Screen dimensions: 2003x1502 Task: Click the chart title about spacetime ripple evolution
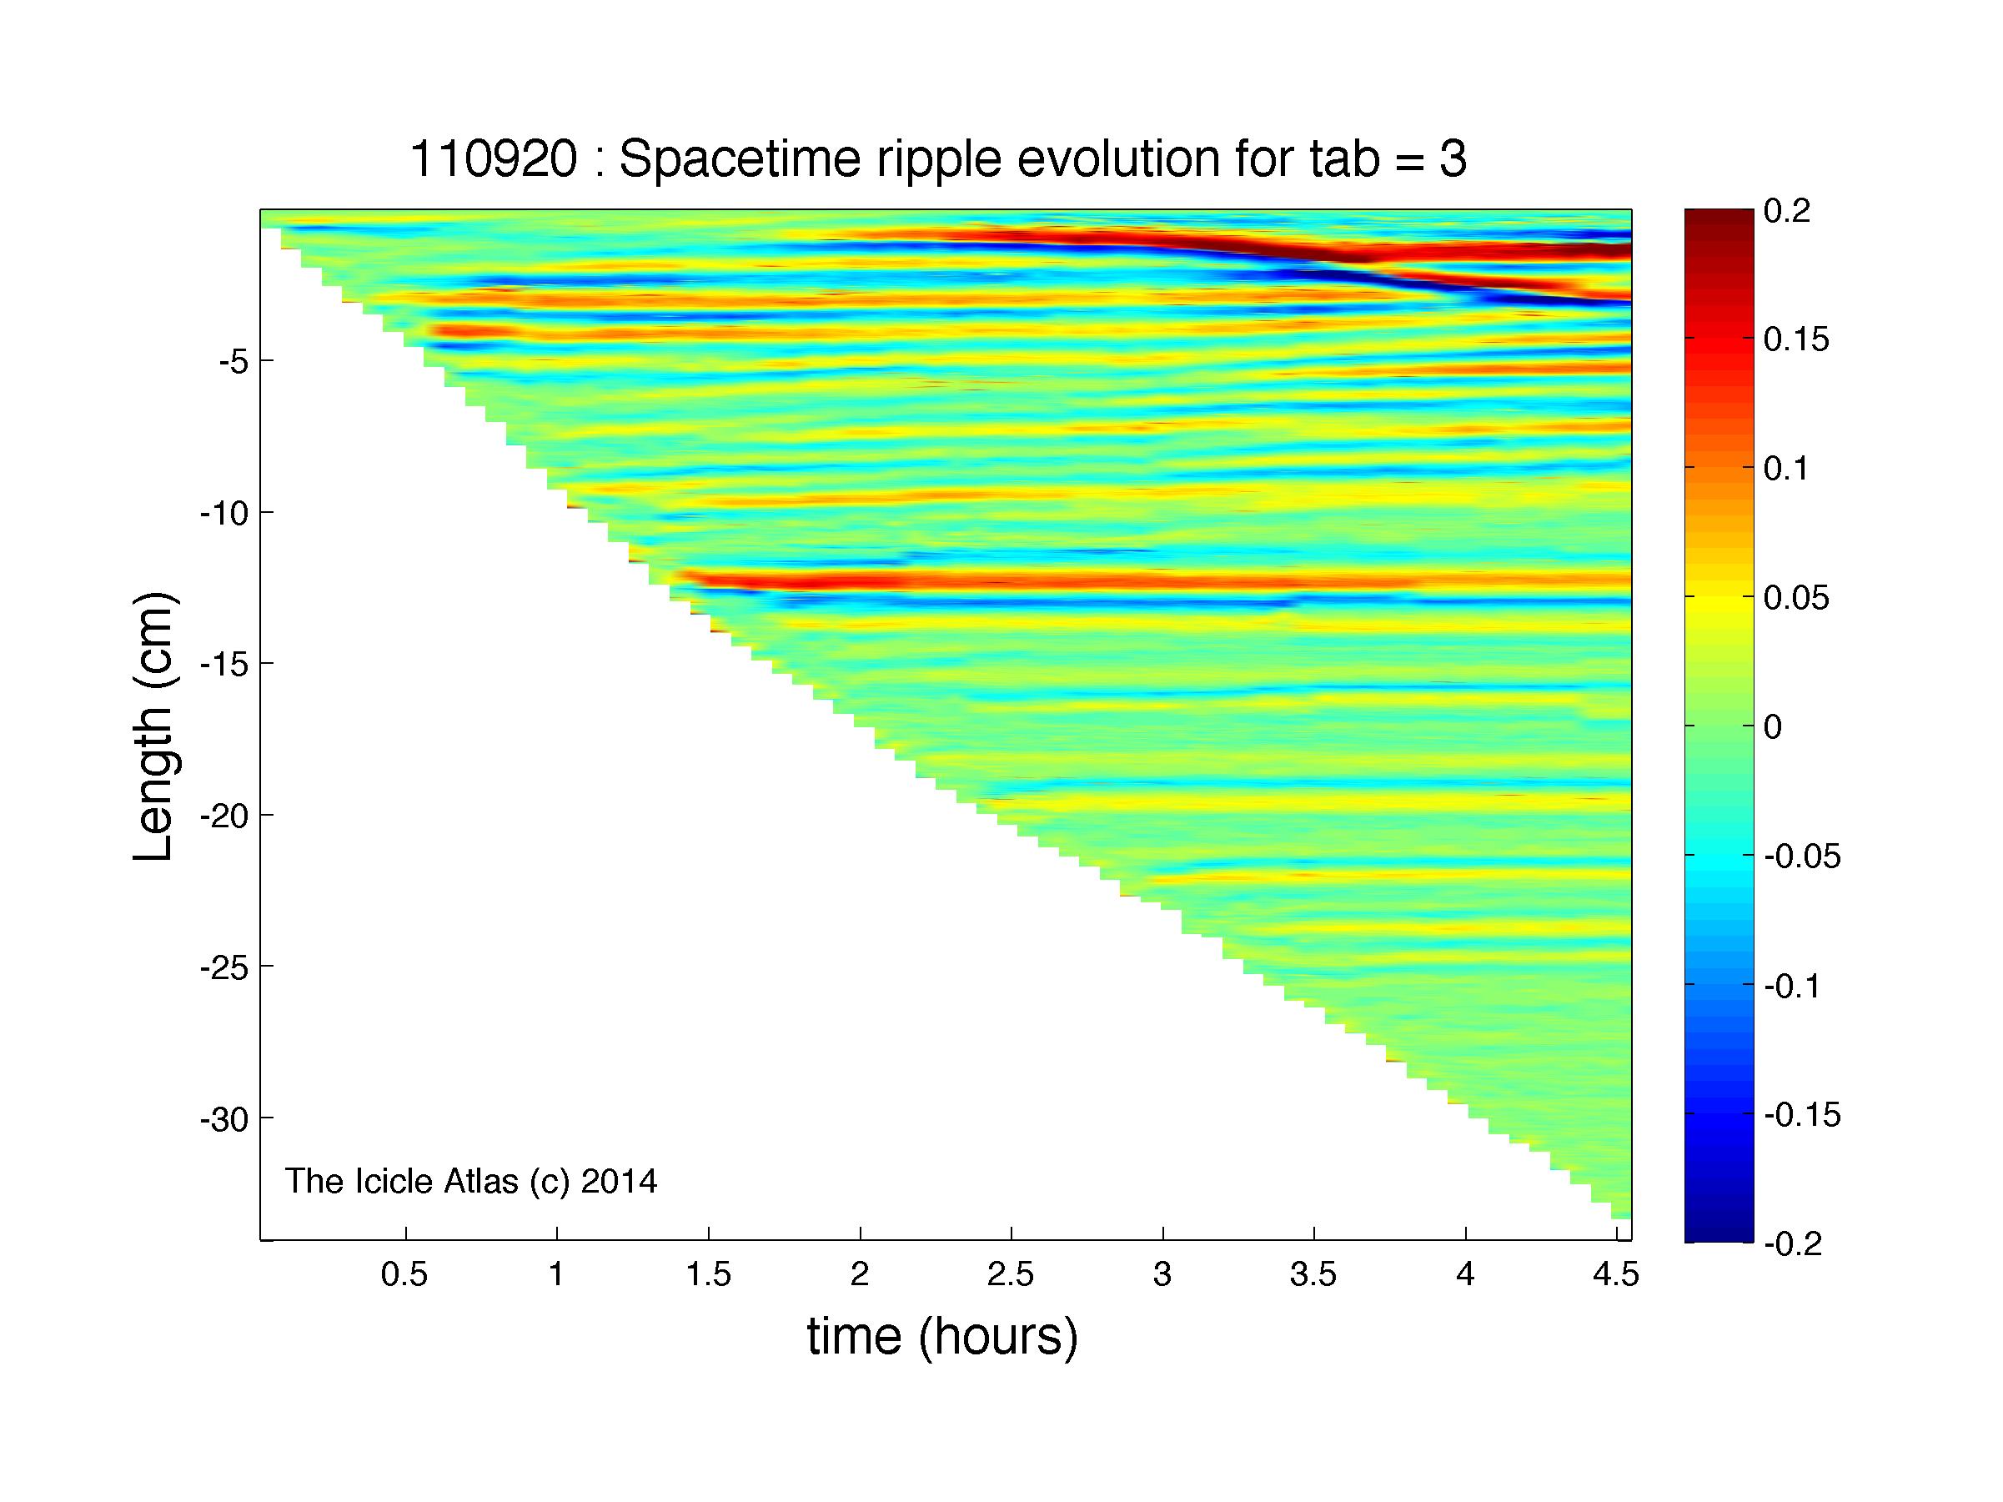938,160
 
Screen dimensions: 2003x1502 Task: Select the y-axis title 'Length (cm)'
154,726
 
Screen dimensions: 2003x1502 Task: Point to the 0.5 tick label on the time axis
404,1275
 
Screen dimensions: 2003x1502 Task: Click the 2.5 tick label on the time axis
1011,1275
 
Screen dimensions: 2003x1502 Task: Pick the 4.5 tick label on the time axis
1615,1275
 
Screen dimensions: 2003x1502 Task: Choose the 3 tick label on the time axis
1162,1275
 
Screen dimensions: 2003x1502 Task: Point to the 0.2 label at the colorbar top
1786,211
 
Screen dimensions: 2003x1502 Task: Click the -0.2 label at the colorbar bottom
1794,1244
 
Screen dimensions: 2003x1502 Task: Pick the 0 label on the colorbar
1773,727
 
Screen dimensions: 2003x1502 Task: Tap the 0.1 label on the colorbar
1785,469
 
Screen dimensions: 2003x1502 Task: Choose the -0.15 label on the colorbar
1802,1114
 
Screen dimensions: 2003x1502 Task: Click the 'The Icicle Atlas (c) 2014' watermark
471,1181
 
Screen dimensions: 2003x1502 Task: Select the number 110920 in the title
494,160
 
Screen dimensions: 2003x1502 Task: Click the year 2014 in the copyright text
620,1181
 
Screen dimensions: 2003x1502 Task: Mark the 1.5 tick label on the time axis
708,1275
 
